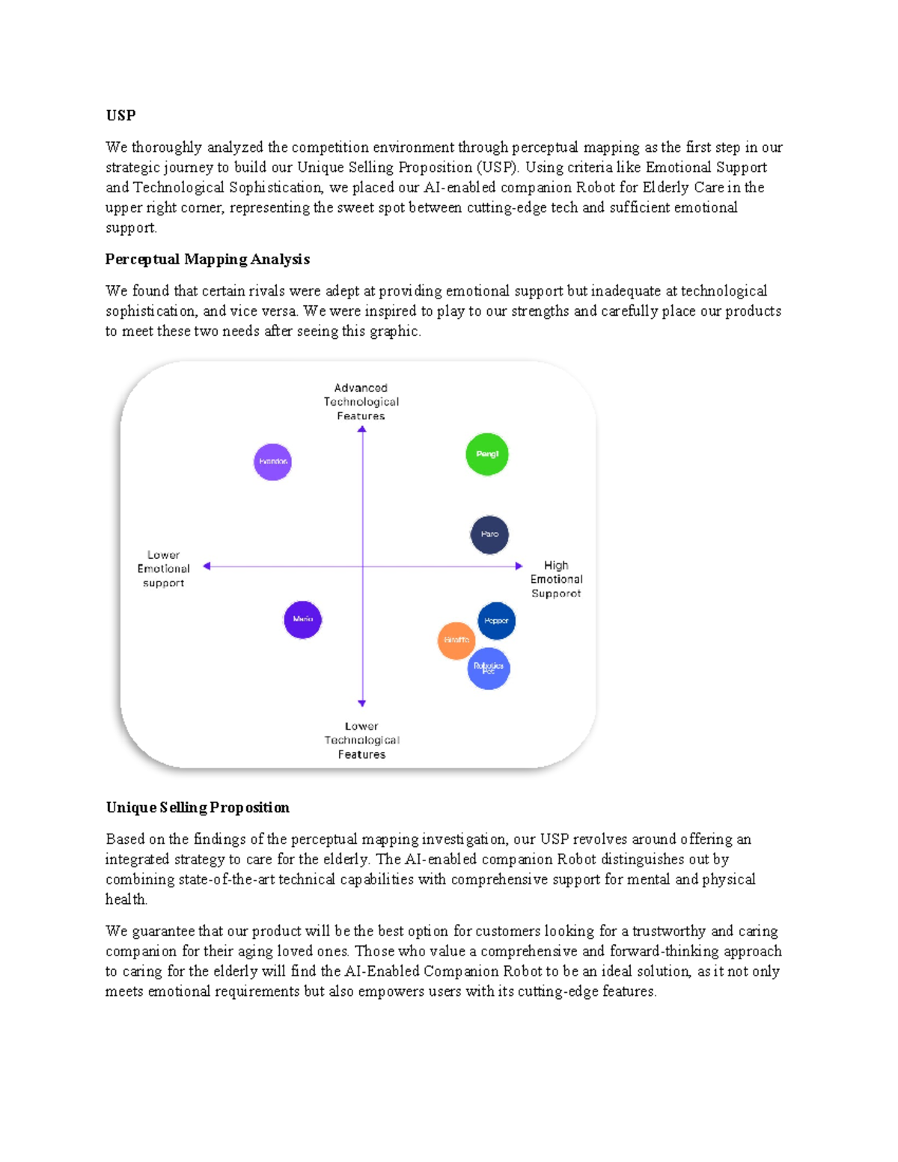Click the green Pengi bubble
pos(487,454)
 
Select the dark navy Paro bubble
pos(489,534)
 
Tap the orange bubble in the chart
pos(456,640)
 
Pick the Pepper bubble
pos(497,620)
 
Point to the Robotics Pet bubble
pos(489,668)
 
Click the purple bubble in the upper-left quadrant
pos(272,462)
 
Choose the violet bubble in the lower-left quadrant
pos(302,620)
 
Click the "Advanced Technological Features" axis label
pos(361,402)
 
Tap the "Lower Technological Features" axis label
pos(361,740)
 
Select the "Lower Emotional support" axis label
pos(163,569)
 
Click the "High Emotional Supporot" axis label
pos(556,579)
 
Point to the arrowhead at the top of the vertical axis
pos(362,429)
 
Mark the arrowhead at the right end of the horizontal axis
pos(519,566)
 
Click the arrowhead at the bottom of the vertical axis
pos(362,703)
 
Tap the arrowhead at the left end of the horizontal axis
pos(207,566)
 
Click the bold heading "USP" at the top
pos(120,115)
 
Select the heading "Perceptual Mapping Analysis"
pos(207,259)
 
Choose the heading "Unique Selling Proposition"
pos(198,807)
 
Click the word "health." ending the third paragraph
pos(126,899)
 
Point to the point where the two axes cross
pos(362,566)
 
